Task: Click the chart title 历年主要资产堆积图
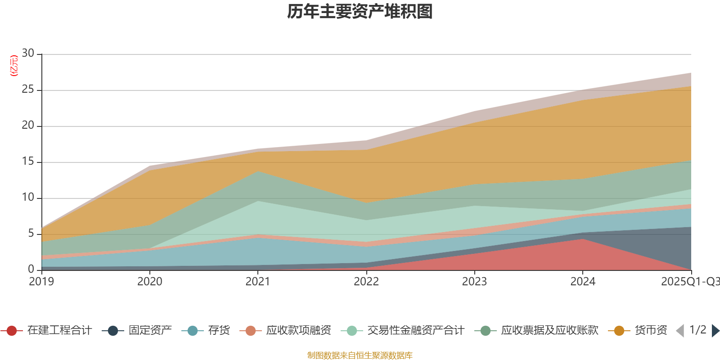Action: pos(360,12)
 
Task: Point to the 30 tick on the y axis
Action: pos(28,54)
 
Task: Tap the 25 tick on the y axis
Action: pos(28,90)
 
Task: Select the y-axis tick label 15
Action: pos(28,162)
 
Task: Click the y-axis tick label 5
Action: pos(31,234)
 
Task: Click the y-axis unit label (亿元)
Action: pos(14,66)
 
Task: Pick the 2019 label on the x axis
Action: pos(41,282)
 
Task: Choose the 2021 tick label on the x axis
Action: pos(258,282)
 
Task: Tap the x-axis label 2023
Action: pos(474,282)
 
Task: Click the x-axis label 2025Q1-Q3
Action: pos(690,282)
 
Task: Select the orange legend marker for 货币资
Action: pos(619,331)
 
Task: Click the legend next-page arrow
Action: pos(715,331)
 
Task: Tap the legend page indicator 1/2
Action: pos(697,330)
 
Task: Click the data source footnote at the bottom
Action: pos(360,355)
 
